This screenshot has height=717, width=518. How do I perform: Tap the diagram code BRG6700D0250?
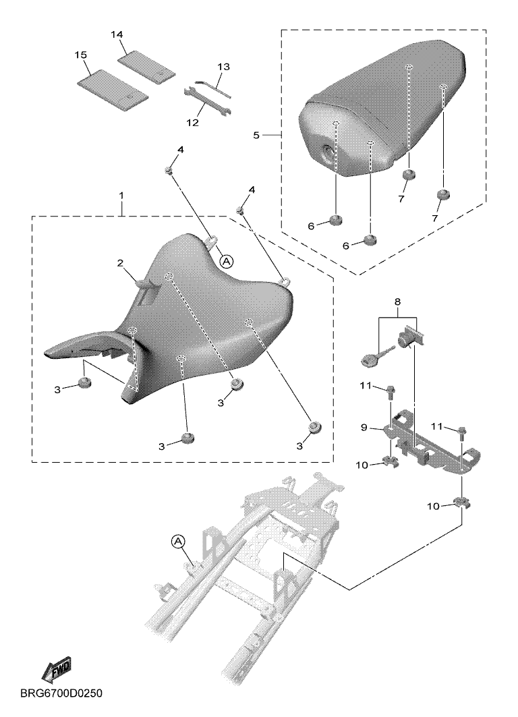tap(61, 693)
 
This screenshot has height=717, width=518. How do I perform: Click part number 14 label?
tap(117, 35)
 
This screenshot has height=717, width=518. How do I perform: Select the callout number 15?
tap(80, 55)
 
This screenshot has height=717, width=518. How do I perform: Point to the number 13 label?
tap(223, 67)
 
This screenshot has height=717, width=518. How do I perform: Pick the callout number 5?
tap(256, 135)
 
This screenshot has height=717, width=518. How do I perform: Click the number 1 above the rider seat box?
tap(121, 196)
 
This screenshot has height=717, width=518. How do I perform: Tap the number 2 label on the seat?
tap(120, 263)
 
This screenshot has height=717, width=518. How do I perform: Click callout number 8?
tap(397, 302)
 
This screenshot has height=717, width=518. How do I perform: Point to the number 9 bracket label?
tap(364, 428)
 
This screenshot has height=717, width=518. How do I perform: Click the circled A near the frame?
tap(178, 542)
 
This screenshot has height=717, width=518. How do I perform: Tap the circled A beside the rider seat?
tap(227, 261)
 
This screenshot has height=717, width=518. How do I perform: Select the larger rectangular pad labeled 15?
tap(113, 90)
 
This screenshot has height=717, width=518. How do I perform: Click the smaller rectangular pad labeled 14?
tap(146, 66)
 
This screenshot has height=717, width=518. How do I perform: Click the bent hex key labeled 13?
tap(213, 89)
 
